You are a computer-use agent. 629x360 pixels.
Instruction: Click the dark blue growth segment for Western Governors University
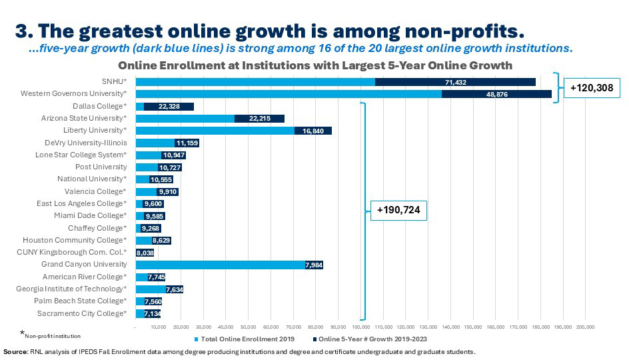pyautogui.click(x=496, y=94)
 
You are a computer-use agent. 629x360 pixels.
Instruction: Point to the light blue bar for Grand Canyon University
pyautogui.click(x=220, y=265)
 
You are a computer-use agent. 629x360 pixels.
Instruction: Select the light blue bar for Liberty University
pyautogui.click(x=215, y=131)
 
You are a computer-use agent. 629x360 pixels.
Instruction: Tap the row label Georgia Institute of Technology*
pyautogui.click(x=71, y=289)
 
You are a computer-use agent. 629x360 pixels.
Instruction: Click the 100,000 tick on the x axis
pyautogui.click(x=360, y=327)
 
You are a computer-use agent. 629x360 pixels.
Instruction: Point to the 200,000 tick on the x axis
pyautogui.click(x=585, y=327)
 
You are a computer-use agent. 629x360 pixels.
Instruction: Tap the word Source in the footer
pyautogui.click(x=15, y=351)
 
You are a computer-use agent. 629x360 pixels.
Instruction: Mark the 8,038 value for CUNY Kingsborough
pyautogui.click(x=145, y=253)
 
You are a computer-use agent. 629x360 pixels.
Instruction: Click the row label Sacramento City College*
pyautogui.click(x=81, y=313)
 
